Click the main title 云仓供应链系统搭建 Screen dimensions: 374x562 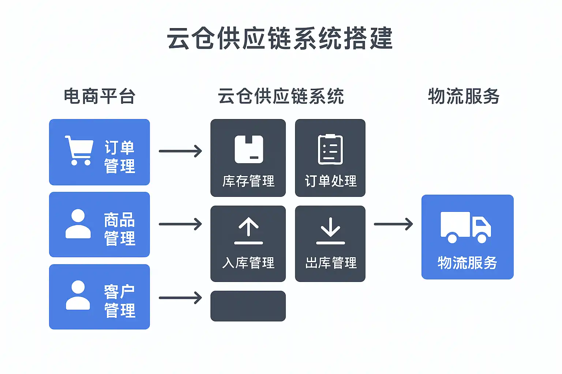(x=280, y=38)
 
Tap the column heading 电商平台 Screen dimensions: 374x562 (x=100, y=96)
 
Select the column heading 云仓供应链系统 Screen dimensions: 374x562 (x=281, y=96)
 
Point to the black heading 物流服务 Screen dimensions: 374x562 (x=464, y=96)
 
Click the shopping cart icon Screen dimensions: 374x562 (x=79, y=150)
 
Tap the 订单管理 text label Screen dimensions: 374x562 (x=120, y=157)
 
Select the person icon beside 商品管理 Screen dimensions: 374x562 (x=78, y=224)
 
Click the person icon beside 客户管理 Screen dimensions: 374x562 (x=78, y=295)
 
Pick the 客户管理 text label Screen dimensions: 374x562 (x=120, y=301)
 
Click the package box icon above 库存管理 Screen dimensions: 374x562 (x=249, y=149)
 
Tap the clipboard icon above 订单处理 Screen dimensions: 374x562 (x=330, y=149)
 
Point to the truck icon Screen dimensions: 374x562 (x=465, y=227)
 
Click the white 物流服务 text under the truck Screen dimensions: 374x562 (x=467, y=263)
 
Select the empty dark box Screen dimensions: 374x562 (x=248, y=306)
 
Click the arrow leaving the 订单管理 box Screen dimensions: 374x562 (x=180, y=151)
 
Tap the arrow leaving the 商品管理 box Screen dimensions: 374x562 (x=180, y=224)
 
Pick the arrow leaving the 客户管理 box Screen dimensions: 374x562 (x=180, y=298)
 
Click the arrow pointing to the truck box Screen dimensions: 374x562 (x=393, y=224)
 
